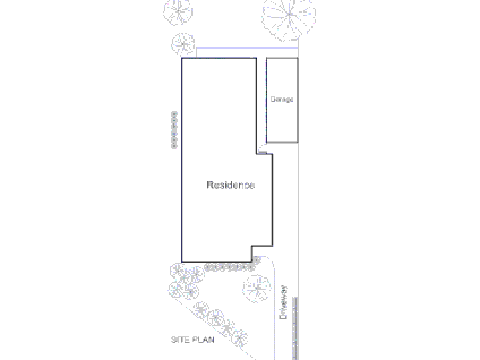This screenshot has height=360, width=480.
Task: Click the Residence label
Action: click(x=231, y=185)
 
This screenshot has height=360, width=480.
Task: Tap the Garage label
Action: click(x=281, y=99)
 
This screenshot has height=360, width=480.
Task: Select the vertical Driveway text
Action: click(x=283, y=303)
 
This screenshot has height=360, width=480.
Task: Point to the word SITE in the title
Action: click(x=179, y=339)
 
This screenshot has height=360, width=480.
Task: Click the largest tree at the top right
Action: click(x=289, y=17)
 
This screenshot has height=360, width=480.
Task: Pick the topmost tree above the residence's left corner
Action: click(x=178, y=11)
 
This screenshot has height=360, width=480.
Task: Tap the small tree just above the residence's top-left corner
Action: click(x=183, y=45)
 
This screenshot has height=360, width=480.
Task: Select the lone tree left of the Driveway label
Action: click(x=257, y=289)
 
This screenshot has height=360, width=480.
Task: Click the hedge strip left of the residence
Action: click(x=174, y=130)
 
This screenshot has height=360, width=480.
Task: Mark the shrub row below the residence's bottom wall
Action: click(x=229, y=268)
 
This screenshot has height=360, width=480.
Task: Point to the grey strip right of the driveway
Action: click(x=295, y=328)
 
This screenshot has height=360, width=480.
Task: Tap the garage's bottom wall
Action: click(x=282, y=143)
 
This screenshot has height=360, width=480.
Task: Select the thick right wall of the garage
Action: click(x=297, y=100)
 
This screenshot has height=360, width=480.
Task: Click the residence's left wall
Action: click(x=182, y=160)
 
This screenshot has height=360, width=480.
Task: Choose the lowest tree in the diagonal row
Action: click(x=240, y=338)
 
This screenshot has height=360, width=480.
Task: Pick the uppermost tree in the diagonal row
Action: click(x=201, y=310)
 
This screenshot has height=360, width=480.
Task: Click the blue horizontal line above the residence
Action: click(x=247, y=48)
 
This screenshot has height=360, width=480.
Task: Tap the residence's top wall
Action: click(x=219, y=58)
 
